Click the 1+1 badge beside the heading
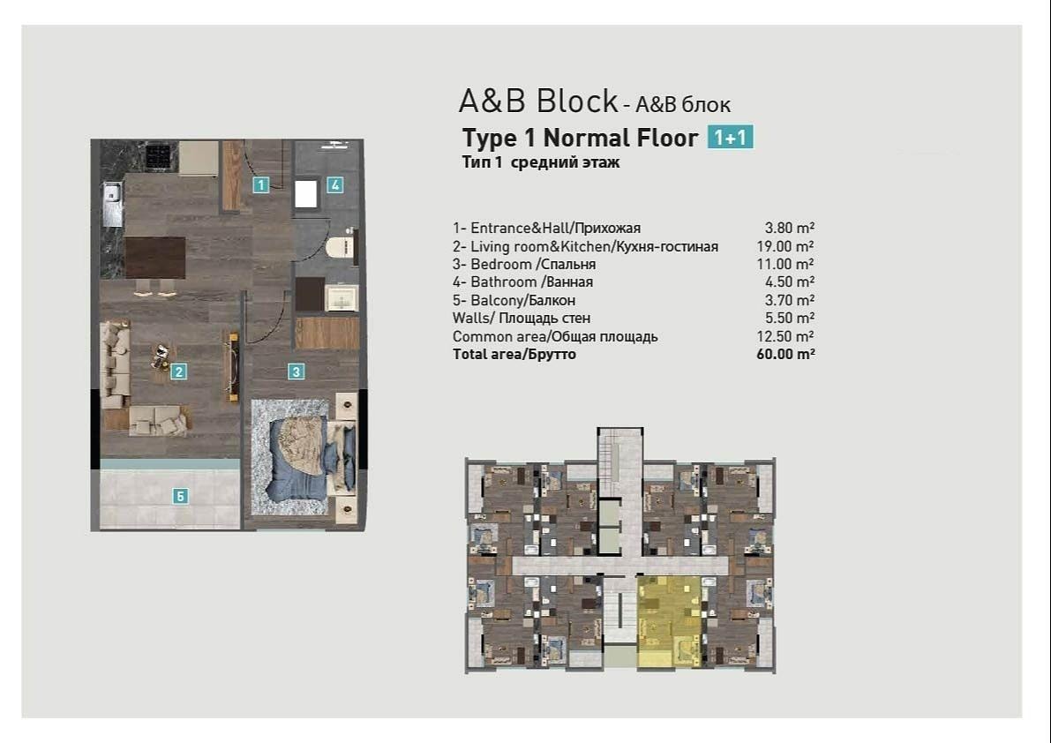(x=731, y=138)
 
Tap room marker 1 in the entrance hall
(x=260, y=185)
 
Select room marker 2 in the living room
(x=178, y=371)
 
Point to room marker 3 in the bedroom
(x=297, y=371)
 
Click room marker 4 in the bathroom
(x=335, y=185)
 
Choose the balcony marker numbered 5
(x=180, y=496)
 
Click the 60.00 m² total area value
(x=785, y=355)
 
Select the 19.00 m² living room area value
(x=785, y=246)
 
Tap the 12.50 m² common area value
(x=785, y=336)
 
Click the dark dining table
(x=155, y=258)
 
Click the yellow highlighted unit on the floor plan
(x=668, y=622)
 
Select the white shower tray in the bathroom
(x=305, y=194)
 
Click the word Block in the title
(x=577, y=101)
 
